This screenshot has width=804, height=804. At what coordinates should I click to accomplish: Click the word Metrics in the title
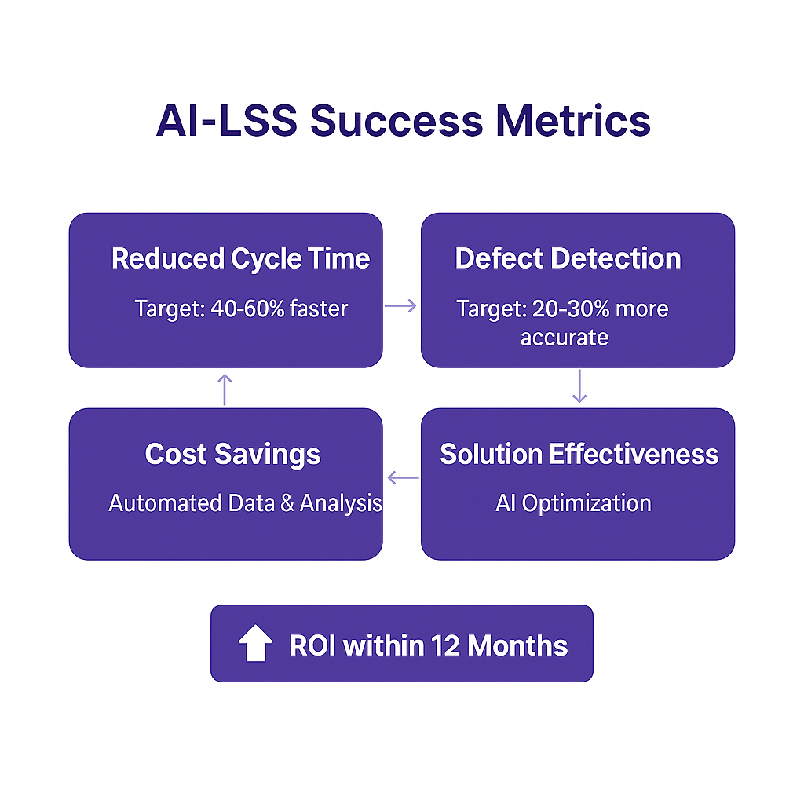pos(570,122)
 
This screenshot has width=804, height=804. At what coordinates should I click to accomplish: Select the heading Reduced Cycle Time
pos(240,258)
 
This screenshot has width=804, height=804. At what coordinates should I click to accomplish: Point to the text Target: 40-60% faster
pos(240,309)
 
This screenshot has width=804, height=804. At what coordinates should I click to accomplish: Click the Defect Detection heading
pos(568,258)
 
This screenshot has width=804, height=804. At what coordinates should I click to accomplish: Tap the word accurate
pos(564,338)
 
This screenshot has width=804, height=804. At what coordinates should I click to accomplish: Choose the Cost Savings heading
pos(232,454)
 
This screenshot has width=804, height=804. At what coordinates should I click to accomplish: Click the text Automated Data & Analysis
pos(245,502)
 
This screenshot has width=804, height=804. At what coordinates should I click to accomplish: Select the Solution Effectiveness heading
pos(579,454)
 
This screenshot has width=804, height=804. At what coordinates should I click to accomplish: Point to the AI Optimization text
pos(573,502)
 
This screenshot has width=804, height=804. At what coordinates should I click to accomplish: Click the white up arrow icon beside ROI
pos(255,644)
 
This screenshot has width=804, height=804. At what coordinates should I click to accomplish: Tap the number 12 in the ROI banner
pos(444,645)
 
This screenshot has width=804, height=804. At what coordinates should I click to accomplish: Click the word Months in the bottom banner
pos(517,645)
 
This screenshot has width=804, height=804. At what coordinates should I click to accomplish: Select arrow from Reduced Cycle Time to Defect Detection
pos(401,306)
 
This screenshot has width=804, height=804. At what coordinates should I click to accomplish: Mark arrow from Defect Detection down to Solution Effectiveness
pos(579,386)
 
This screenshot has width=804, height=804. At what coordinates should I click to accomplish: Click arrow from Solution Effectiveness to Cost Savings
pos(403,477)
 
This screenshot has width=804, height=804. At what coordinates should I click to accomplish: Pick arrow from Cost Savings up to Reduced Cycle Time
pos(225,389)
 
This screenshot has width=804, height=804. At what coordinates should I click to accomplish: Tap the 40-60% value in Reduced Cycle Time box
pos(245,309)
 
